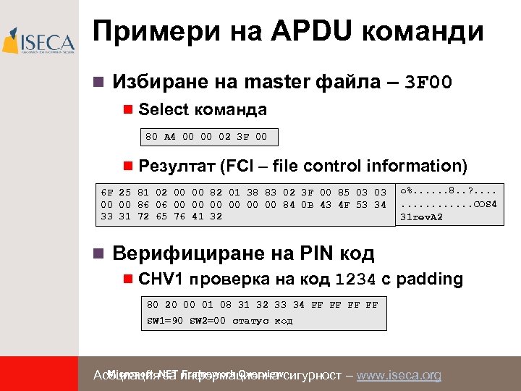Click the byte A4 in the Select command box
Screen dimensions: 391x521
coord(170,136)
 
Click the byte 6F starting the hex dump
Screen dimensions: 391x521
coord(107,193)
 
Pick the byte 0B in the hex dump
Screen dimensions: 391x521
coord(308,204)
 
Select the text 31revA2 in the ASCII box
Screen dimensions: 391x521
coord(423,216)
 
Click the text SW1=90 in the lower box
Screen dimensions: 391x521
coord(166,321)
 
